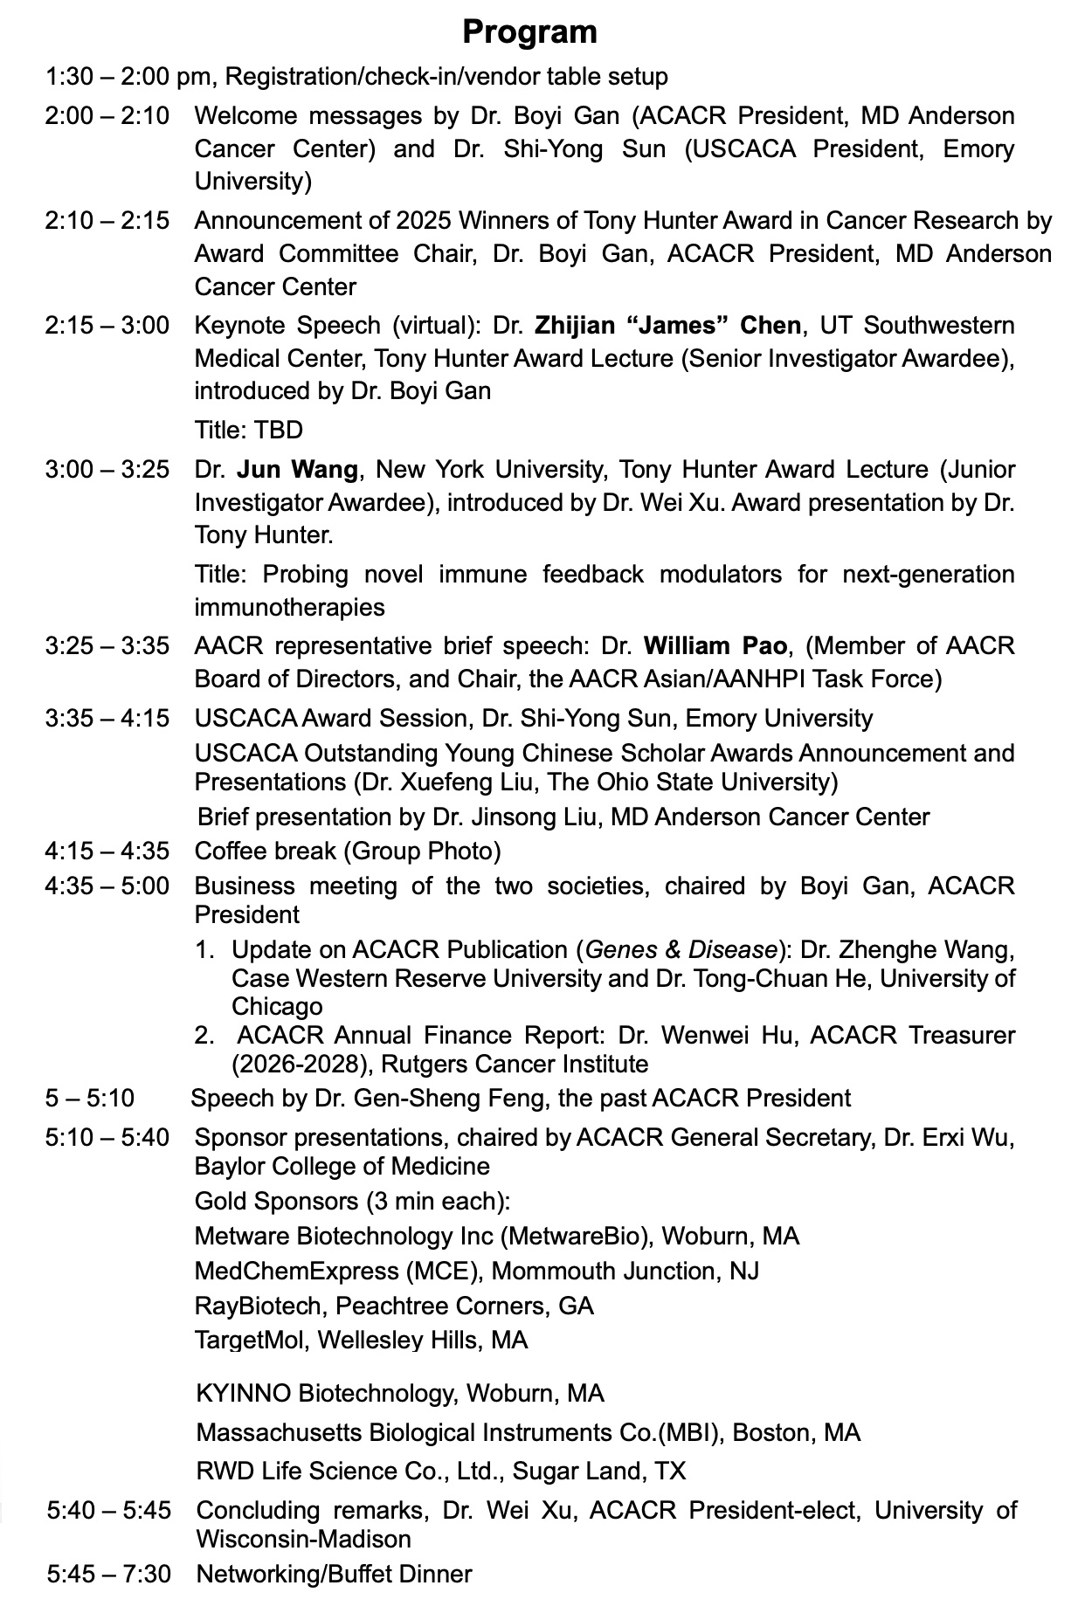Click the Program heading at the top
(529, 32)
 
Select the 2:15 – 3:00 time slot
(107, 326)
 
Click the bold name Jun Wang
(297, 470)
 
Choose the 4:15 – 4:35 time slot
(107, 851)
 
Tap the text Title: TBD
(249, 430)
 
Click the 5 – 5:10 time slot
(90, 1098)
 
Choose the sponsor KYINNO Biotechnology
(327, 1393)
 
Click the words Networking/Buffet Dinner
(334, 1574)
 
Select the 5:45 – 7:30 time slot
(109, 1574)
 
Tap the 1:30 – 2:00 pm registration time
(131, 77)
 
